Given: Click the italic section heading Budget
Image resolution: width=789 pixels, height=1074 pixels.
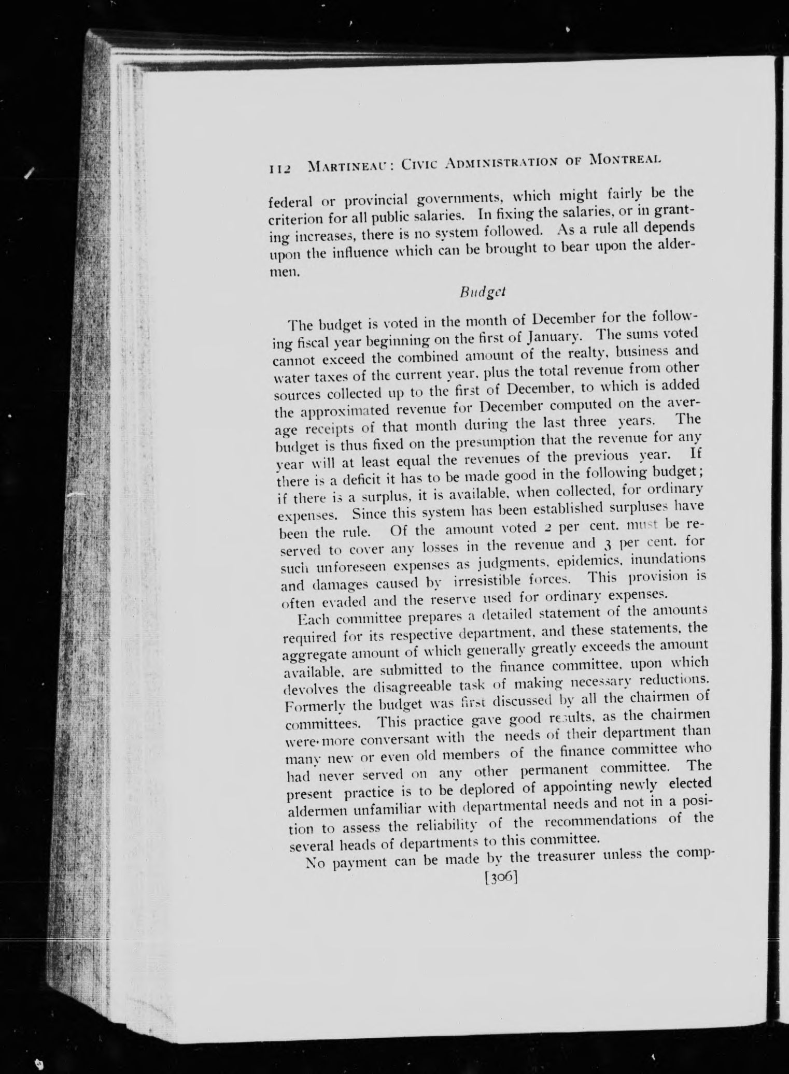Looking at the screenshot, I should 483,292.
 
